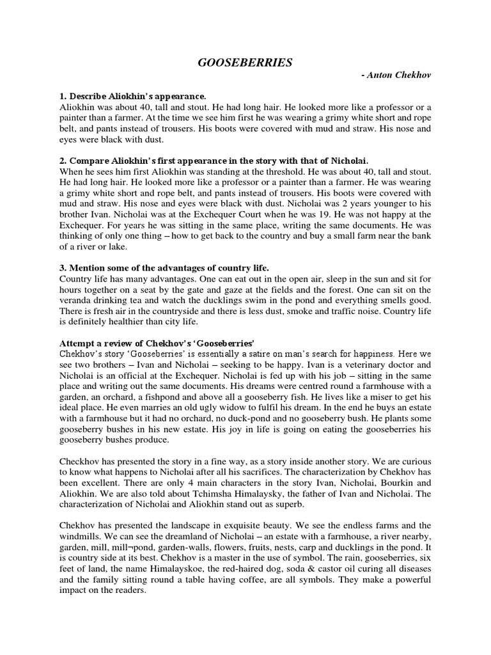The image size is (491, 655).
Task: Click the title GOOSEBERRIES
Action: tap(245, 62)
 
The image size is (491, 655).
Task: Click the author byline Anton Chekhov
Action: tap(396, 75)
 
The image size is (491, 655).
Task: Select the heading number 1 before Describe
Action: tap(62, 96)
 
